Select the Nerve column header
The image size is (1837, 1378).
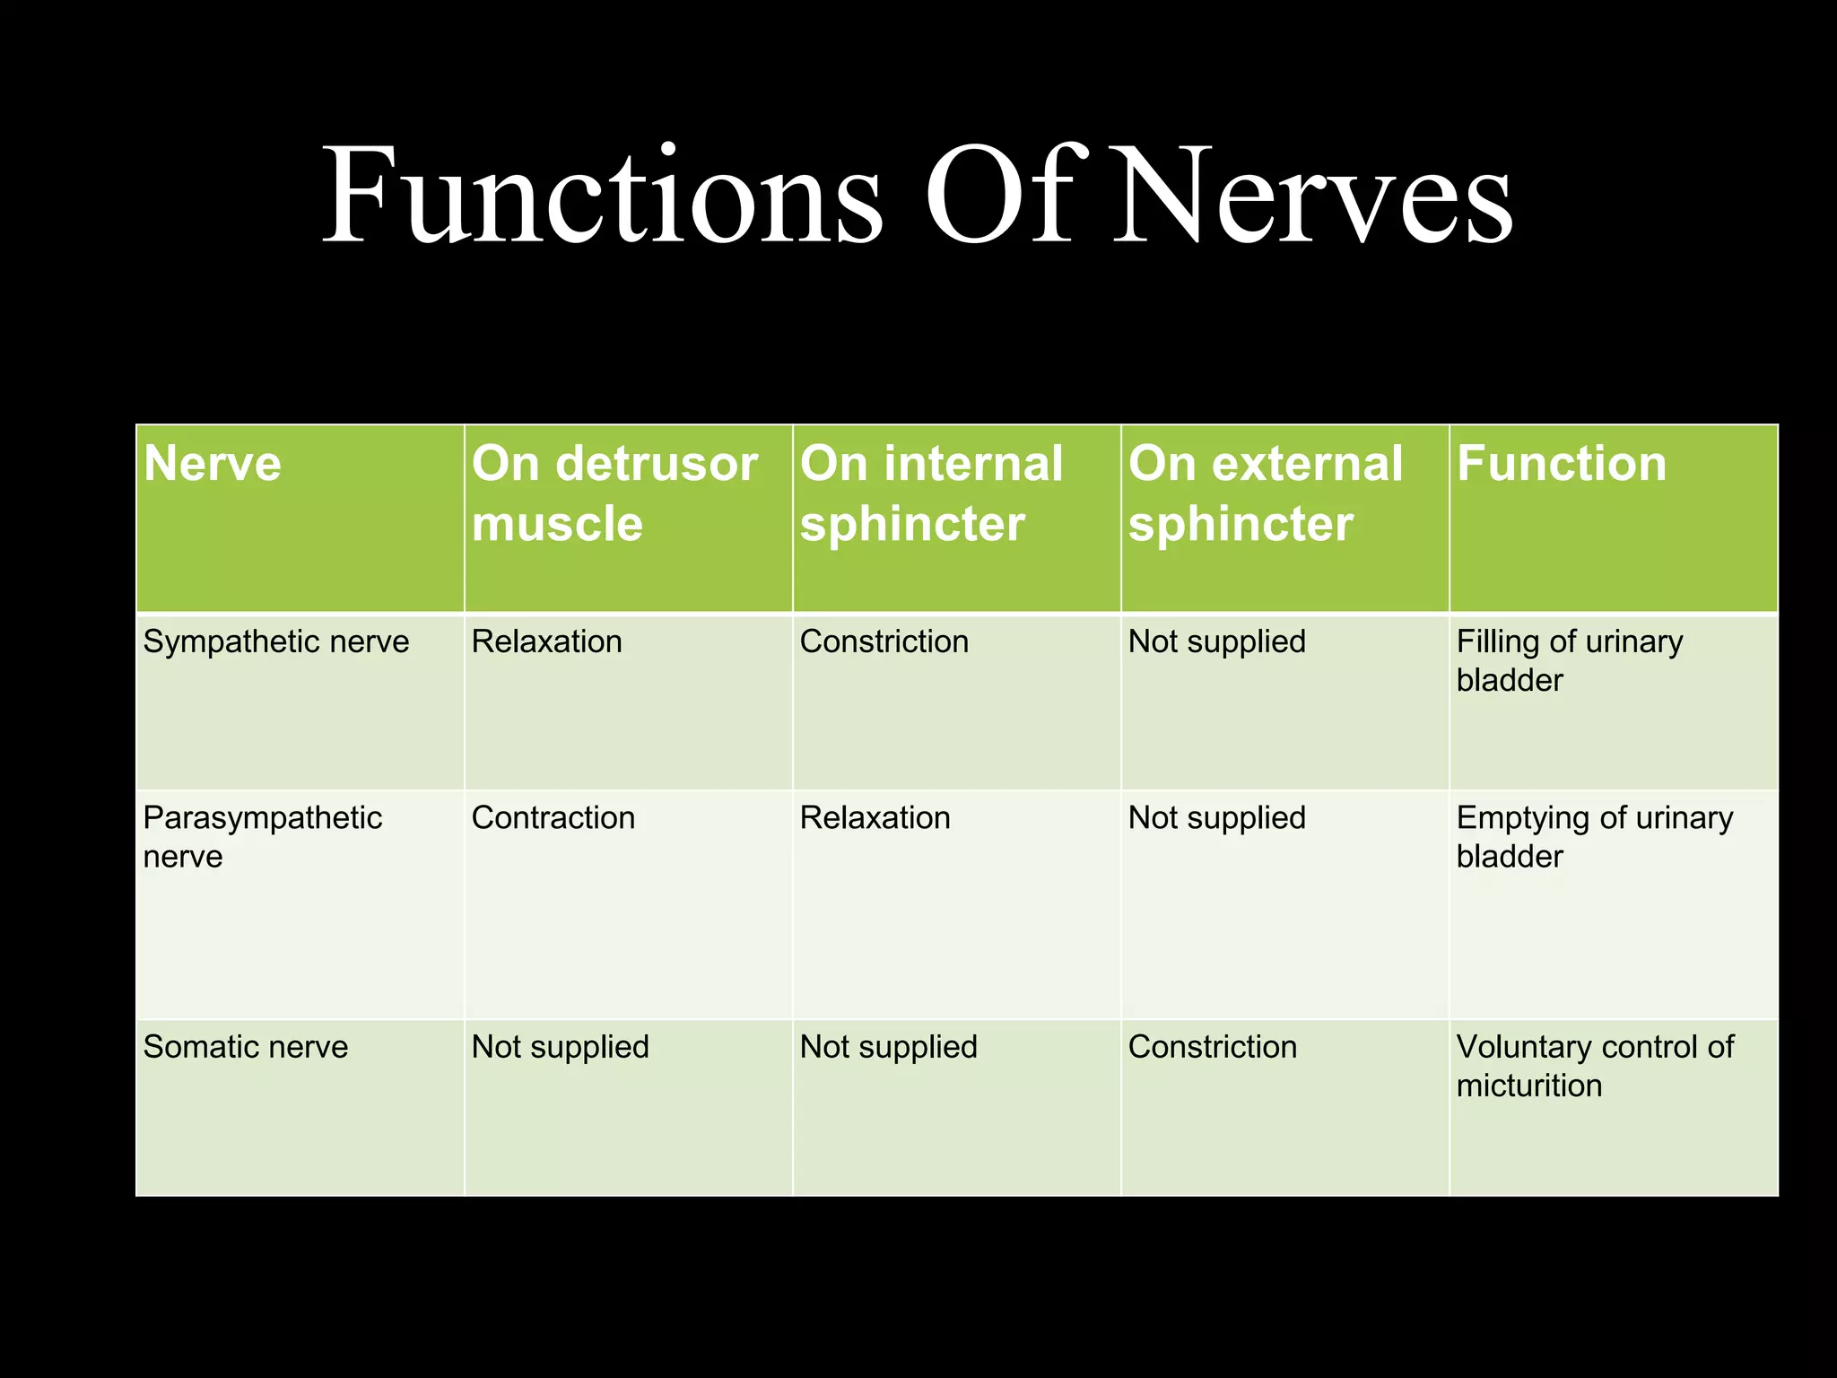(213, 464)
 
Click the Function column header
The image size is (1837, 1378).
(1561, 464)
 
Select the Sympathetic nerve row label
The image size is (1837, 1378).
(276, 641)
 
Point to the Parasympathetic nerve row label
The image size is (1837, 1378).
(262, 836)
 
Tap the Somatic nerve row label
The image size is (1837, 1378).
(246, 1047)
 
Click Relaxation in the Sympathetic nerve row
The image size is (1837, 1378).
(546, 641)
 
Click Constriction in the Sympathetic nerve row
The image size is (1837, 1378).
(884, 641)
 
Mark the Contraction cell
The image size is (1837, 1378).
(553, 817)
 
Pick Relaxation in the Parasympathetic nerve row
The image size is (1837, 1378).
(875, 817)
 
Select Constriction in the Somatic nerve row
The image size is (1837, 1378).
(1212, 1047)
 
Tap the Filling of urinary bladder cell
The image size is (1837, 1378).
(1569, 660)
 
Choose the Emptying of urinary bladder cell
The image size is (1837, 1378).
(1594, 836)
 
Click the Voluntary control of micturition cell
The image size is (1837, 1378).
(1594, 1066)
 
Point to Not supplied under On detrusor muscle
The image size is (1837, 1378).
(560, 1047)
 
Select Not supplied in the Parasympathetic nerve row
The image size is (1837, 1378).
(1216, 817)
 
